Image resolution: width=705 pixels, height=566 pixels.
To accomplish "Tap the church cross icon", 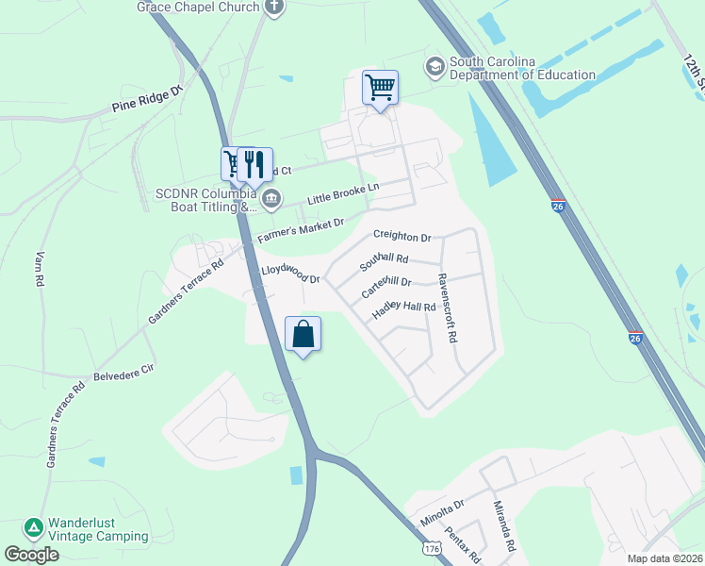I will [x=274, y=8].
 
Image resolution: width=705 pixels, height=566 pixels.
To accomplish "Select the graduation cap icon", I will [x=435, y=66].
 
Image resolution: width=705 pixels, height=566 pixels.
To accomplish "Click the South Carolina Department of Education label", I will [x=522, y=69].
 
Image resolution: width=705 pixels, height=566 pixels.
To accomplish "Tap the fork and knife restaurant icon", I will [x=254, y=165].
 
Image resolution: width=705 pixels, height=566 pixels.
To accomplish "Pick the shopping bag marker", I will [x=303, y=335].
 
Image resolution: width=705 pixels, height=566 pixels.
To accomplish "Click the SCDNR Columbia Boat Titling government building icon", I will [x=271, y=198].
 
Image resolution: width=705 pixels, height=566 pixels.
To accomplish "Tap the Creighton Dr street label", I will [x=402, y=237].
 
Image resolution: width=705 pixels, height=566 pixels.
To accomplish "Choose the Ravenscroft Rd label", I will [x=447, y=308].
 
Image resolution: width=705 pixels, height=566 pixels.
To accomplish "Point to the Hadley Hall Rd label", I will [x=403, y=308].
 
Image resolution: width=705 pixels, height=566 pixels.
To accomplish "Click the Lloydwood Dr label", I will [x=291, y=275].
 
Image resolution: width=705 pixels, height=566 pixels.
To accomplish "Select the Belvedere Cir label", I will [x=123, y=374].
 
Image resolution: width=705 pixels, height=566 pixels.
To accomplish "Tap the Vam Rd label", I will [x=41, y=269].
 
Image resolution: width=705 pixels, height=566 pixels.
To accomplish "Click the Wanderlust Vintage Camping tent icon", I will [x=33, y=526].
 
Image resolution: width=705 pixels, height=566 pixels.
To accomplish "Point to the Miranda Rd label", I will [x=504, y=526].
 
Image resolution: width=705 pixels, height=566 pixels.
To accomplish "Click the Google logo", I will [x=31, y=555].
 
